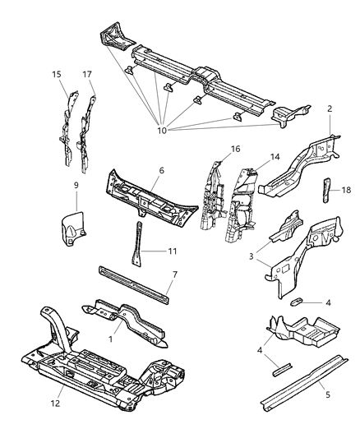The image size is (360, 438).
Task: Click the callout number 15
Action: pos(57,75)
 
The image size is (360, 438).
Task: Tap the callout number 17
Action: pos(86,75)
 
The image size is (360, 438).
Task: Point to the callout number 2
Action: pos(330,108)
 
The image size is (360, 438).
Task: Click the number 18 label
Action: pos(346,190)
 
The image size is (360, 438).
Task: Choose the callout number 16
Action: pos(235,150)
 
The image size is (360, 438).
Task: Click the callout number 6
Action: pos(161,170)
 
